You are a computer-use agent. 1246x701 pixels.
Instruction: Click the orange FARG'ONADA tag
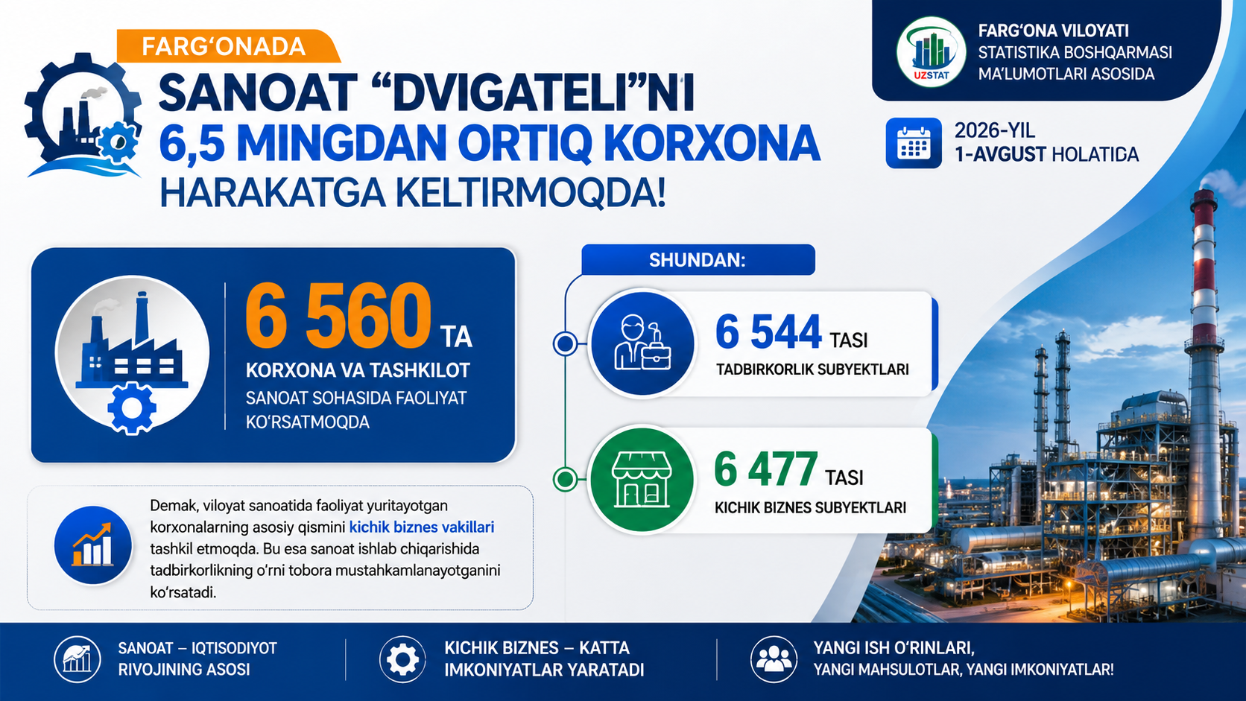[x=228, y=46]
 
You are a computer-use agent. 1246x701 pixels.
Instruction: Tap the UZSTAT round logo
[x=931, y=51]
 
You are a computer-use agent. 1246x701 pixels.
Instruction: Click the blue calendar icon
[x=914, y=143]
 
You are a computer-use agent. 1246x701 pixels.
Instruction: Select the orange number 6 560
[x=338, y=316]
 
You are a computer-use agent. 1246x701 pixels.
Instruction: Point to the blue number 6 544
[x=768, y=332]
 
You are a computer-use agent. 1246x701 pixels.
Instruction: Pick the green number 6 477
[x=765, y=469]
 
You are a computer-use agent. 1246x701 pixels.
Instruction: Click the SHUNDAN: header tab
[x=698, y=259]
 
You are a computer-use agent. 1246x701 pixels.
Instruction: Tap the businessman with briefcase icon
[x=642, y=343]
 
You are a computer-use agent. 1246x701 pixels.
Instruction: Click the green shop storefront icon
[x=642, y=480]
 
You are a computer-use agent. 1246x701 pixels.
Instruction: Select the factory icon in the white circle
[x=133, y=354]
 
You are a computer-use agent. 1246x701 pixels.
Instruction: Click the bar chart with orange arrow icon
[x=93, y=545]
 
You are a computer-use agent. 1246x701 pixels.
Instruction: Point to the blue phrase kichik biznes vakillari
[x=422, y=527]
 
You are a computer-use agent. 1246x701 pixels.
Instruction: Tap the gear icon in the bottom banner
[x=402, y=659]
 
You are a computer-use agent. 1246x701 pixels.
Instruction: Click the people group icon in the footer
[x=774, y=659]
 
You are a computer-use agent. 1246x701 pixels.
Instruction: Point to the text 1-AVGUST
[x=1000, y=154]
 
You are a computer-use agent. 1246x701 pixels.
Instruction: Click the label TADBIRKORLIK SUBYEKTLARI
[x=813, y=369]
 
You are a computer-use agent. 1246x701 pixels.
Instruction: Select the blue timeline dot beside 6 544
[x=565, y=343]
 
